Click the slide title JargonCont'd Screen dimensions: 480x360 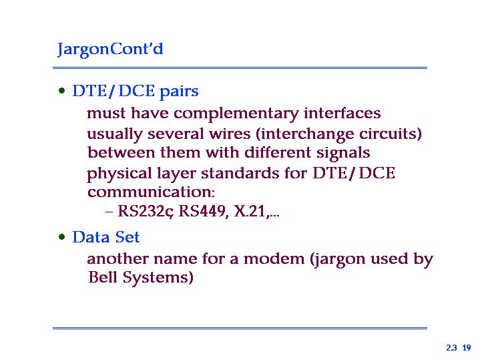110,49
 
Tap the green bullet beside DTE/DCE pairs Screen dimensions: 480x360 62,91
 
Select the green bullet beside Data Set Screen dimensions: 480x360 62,237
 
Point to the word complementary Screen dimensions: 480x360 236,114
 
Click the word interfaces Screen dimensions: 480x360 342,113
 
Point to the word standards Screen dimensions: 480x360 240,173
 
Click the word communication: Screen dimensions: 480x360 152,192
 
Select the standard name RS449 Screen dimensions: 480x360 203,211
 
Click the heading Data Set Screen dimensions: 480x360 106,237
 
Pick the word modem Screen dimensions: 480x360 274,259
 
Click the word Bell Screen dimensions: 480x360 103,277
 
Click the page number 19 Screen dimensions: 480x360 467,348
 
